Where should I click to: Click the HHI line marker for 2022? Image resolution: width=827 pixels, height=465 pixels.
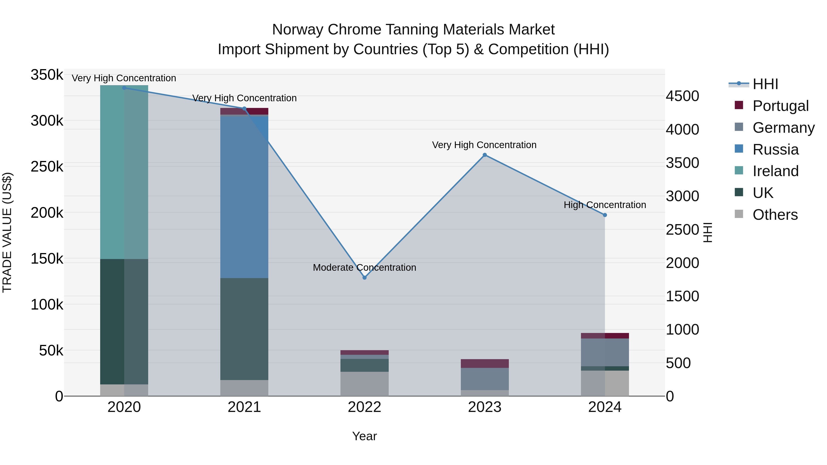[364, 278]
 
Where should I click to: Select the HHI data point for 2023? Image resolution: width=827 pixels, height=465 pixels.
[485, 155]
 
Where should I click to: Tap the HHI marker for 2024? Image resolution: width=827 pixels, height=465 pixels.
[605, 215]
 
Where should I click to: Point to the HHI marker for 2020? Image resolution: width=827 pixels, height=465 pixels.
[124, 88]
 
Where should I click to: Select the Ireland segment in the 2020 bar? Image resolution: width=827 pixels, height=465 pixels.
[124, 172]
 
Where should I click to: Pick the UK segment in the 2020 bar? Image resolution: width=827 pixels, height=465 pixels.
[124, 321]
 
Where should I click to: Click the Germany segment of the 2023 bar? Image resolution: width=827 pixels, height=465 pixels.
[485, 379]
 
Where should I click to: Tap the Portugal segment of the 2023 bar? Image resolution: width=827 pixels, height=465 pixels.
[485, 364]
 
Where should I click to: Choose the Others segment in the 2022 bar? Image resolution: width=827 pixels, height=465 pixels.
[364, 384]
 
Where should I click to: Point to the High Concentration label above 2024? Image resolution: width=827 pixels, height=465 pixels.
[605, 205]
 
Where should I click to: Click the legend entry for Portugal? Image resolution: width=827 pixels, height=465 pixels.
[780, 106]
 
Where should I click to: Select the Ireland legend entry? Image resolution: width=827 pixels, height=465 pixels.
[775, 171]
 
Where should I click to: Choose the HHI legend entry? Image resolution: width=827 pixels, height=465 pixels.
[765, 84]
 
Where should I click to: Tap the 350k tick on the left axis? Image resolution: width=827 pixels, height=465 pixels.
[47, 75]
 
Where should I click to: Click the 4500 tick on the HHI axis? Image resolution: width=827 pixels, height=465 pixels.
[682, 96]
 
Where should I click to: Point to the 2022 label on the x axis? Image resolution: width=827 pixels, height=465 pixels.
[364, 407]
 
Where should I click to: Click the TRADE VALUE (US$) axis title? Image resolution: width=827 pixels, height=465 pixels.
[7, 233]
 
